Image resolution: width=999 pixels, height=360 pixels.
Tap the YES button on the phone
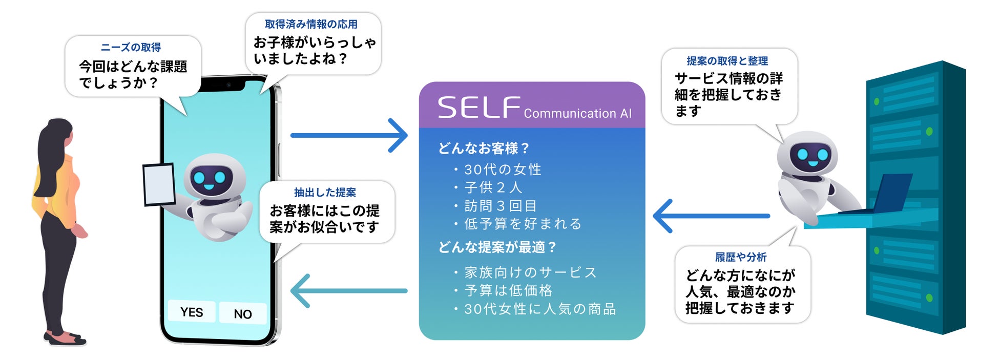pos(192,312)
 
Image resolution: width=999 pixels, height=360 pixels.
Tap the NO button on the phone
pos(243,314)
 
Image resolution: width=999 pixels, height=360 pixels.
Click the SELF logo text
pos(478,108)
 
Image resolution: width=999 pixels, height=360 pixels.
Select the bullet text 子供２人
pos(493,187)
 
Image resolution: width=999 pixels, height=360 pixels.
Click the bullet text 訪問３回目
pos(500,206)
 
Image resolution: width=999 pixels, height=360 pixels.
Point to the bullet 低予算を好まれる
pos(523,224)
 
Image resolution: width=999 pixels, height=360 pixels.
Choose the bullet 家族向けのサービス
pos(530,272)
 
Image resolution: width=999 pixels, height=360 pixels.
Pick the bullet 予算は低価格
pos(508,291)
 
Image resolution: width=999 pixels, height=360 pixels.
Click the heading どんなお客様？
pos(484,149)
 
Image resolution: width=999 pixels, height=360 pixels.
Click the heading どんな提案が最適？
pos(497,247)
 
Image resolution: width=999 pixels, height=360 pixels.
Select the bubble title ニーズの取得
pos(131,48)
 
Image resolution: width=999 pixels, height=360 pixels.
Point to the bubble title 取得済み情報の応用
pos(311,24)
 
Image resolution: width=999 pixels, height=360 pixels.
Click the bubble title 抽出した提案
pos(325,193)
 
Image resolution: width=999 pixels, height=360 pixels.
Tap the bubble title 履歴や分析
pos(741,257)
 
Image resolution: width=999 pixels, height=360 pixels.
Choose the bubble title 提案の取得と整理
pos(727,61)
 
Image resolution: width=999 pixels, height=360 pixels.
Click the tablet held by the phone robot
pos(159,184)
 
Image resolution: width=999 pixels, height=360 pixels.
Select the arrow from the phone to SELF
pos(349,136)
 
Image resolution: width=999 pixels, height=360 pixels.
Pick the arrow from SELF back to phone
pos(349,291)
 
